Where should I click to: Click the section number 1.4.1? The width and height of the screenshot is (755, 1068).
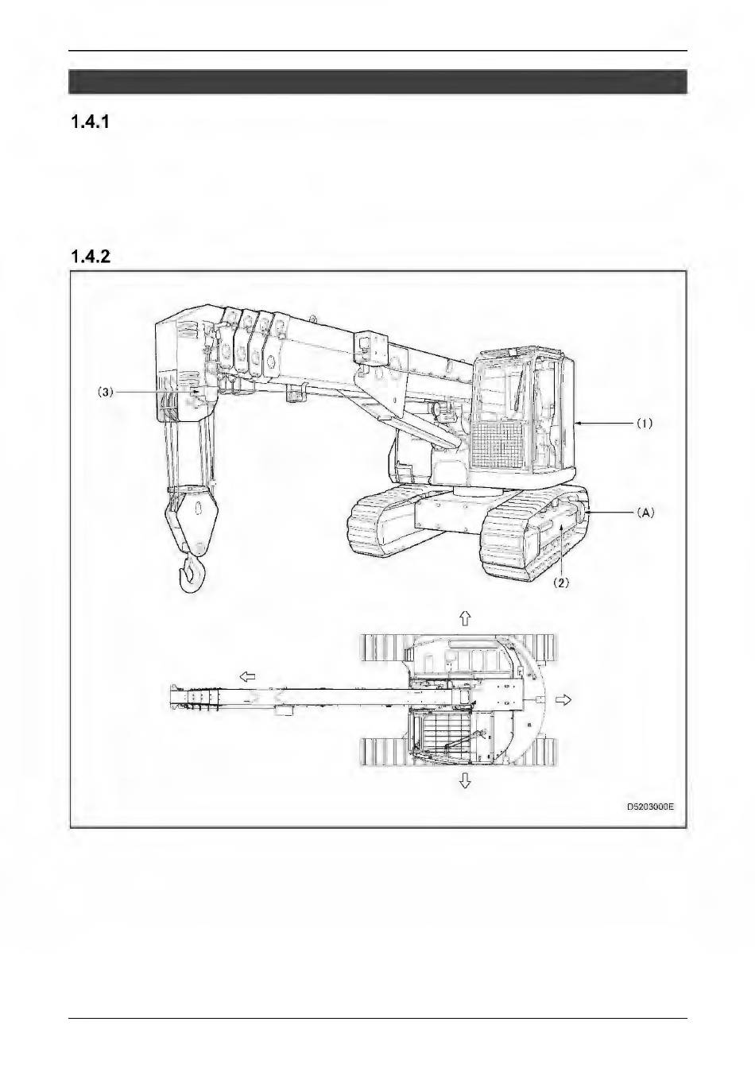[90, 122]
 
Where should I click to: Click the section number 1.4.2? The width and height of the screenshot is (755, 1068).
[90, 257]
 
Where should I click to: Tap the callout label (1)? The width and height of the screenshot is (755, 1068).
[645, 423]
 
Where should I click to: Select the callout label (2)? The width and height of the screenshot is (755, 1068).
[561, 583]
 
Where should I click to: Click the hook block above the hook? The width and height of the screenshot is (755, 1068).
[192, 519]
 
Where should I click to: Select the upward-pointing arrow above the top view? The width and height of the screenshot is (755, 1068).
[465, 618]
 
